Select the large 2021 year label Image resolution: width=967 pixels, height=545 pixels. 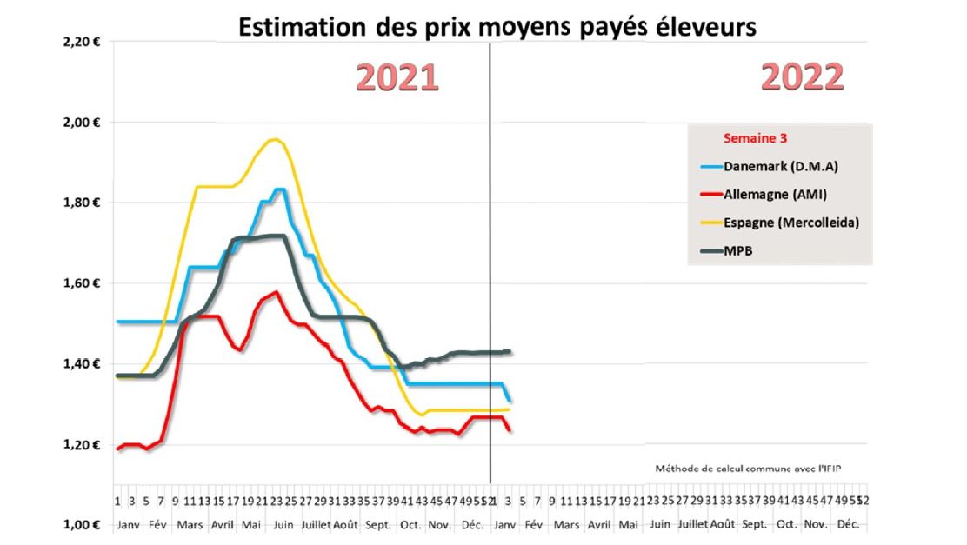(x=397, y=78)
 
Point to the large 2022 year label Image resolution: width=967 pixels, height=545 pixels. (x=803, y=77)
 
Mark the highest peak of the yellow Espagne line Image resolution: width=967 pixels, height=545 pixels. (x=276, y=139)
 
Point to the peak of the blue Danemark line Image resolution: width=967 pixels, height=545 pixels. (x=280, y=189)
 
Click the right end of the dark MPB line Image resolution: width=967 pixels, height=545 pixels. (x=510, y=351)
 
